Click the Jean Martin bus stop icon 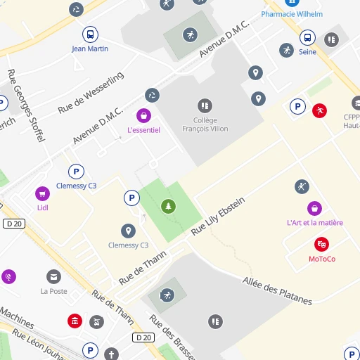pos(90,34)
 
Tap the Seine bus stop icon pos(307,38)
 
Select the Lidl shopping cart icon pos(42,193)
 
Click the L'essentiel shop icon pos(143,115)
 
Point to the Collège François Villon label pos(205,124)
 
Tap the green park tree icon pos(168,206)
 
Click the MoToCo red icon pos(321,245)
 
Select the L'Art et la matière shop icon pos(315,208)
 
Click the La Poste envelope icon pos(53,276)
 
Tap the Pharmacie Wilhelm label pos(292,14)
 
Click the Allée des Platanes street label pos(277,290)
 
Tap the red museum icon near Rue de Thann pos(75,321)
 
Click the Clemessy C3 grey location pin pos(128,231)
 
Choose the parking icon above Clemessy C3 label pos(76,172)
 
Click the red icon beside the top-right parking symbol pos(320,110)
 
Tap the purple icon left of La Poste pos(8,277)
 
